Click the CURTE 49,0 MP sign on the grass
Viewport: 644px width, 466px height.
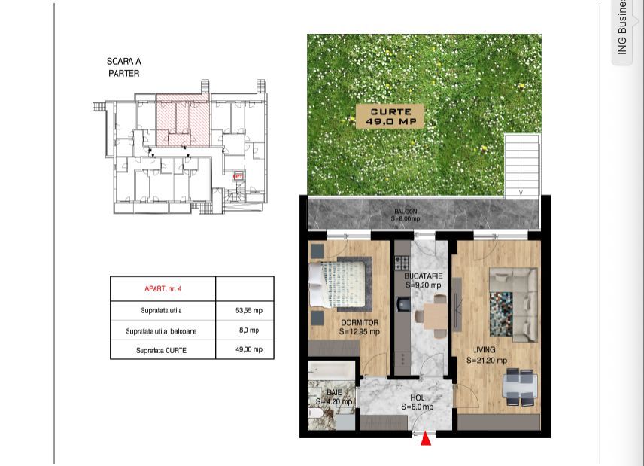click(390, 117)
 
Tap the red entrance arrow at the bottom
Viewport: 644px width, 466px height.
click(426, 437)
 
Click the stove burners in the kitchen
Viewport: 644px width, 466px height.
click(402, 263)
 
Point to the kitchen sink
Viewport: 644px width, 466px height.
click(402, 305)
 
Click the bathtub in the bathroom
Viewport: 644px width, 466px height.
click(331, 371)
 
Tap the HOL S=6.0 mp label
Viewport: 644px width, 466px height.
click(417, 402)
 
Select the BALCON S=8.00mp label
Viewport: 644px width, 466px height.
click(406, 215)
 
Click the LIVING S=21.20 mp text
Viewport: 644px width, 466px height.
click(486, 355)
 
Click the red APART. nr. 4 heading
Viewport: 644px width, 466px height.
click(163, 289)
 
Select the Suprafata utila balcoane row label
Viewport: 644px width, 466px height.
click(161, 330)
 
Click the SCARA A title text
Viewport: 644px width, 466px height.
click(123, 62)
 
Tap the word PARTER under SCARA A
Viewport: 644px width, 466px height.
click(123, 74)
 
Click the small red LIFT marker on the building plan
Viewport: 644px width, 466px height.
click(238, 176)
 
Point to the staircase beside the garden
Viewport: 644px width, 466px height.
click(521, 166)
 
